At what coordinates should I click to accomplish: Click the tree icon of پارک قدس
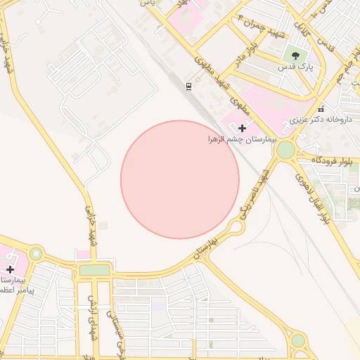(295, 53)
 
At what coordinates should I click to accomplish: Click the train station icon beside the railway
(188, 86)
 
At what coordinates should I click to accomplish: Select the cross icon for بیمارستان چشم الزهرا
(243, 128)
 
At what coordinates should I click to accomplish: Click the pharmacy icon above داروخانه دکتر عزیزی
(321, 108)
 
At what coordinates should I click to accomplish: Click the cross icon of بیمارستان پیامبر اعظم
(10, 269)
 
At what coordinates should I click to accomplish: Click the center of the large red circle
(180, 179)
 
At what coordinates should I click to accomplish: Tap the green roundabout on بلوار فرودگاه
(285, 150)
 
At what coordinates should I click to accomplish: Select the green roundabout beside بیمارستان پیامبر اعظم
(35, 253)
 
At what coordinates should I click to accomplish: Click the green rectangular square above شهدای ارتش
(95, 269)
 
